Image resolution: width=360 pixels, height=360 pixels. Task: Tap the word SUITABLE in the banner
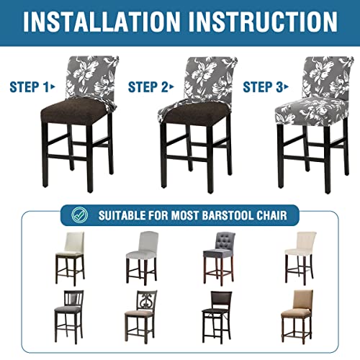pyautogui.click(x=120, y=214)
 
